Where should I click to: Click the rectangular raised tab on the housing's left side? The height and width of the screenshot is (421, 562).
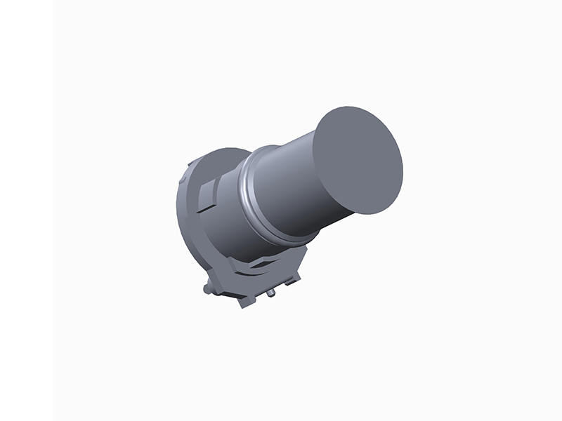208,191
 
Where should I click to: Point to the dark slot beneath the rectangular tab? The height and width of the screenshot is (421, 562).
204,208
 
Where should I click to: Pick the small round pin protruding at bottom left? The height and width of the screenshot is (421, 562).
207,288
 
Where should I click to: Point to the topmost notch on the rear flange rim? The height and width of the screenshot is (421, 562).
190,166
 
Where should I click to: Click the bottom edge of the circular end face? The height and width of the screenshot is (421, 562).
372,213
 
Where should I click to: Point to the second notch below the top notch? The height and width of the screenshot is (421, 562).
181,184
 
